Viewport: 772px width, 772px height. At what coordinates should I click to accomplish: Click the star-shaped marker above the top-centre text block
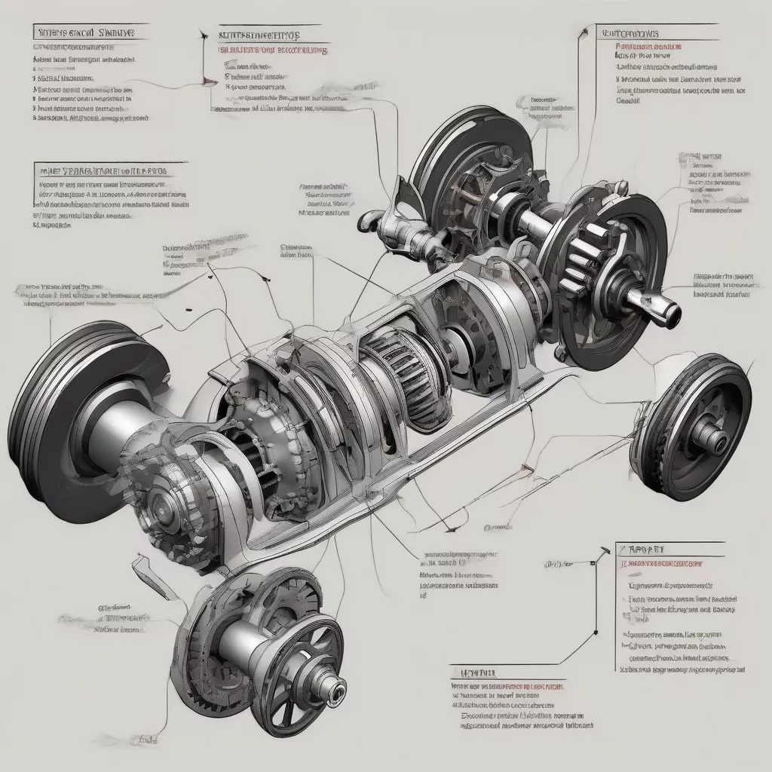click(x=201, y=35)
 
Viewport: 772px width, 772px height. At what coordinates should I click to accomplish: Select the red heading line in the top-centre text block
click(x=272, y=51)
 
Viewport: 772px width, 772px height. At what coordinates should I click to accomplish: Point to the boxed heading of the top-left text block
click(x=83, y=32)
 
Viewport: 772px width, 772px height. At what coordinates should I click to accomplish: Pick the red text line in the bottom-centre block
click(x=510, y=688)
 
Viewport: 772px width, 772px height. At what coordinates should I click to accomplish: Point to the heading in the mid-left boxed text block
click(x=102, y=171)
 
